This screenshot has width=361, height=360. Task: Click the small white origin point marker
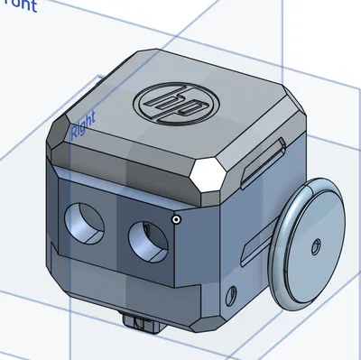(177, 217)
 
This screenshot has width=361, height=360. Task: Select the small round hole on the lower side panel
(235, 293)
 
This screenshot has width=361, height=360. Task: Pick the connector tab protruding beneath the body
(141, 320)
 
